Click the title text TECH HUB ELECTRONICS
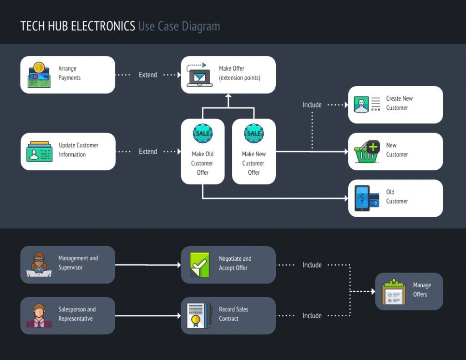[x=78, y=26]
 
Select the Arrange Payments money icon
[x=39, y=75]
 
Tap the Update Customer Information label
[x=78, y=150]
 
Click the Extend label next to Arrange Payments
[x=148, y=75]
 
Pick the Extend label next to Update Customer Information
[x=148, y=152]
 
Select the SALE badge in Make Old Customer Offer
[x=203, y=133]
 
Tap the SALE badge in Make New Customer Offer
[x=254, y=133]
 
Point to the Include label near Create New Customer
[x=312, y=105]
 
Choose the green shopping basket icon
[x=367, y=152]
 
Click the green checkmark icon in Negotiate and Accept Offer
[x=199, y=265]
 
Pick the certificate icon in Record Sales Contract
[x=199, y=316]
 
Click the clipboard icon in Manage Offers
[x=393, y=292]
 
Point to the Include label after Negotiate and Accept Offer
[x=312, y=265]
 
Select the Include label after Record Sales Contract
[x=312, y=315]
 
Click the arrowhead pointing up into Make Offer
[x=228, y=96]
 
